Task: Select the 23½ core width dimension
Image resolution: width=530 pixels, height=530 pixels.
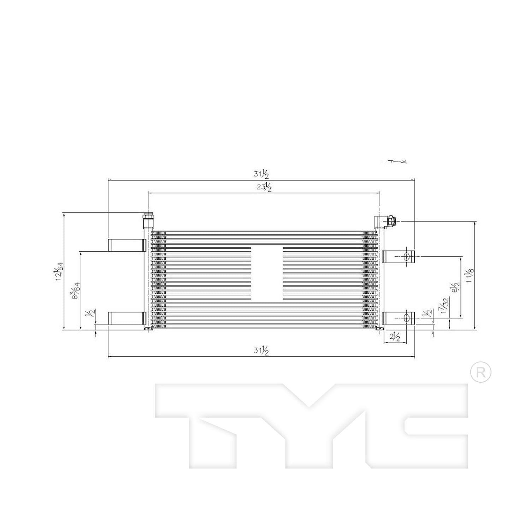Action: pyautogui.click(x=264, y=187)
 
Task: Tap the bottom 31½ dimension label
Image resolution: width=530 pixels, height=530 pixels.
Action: pyautogui.click(x=261, y=351)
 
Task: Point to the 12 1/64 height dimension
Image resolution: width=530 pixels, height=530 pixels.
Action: pyautogui.click(x=59, y=271)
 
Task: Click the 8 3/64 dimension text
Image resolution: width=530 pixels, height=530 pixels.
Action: pyautogui.click(x=76, y=290)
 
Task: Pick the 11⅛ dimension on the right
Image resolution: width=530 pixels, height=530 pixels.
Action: pyautogui.click(x=470, y=274)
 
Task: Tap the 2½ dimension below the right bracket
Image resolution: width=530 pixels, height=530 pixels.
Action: pyautogui.click(x=395, y=337)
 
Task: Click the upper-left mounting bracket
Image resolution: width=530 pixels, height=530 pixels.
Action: pyautogui.click(x=127, y=245)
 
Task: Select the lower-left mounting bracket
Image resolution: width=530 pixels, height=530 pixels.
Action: pyautogui.click(x=127, y=318)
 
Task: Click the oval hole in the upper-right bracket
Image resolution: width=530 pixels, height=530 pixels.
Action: pyautogui.click(x=407, y=256)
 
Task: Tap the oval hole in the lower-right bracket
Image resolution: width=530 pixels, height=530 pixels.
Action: pyautogui.click(x=407, y=318)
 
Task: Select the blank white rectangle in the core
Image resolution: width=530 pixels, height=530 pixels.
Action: pyautogui.click(x=267, y=274)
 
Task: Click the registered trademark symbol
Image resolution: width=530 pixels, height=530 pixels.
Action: pyautogui.click(x=481, y=372)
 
